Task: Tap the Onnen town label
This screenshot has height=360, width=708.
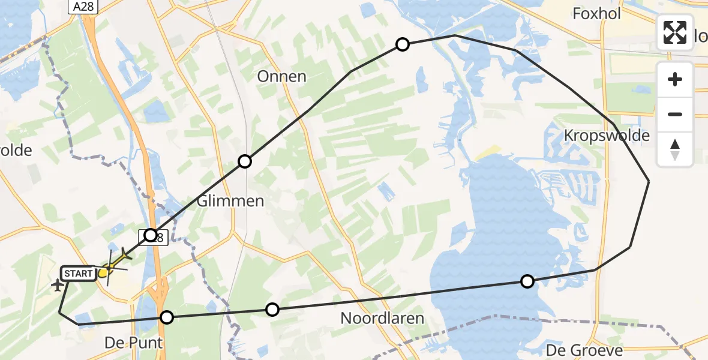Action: click(x=281, y=77)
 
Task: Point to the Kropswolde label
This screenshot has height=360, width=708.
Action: click(x=607, y=136)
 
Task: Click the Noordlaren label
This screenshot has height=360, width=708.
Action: click(x=382, y=319)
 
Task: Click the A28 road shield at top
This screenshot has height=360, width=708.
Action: click(x=83, y=7)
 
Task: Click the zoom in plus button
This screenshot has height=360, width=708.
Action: click(x=675, y=79)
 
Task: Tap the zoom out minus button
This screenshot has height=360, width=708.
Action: click(x=675, y=114)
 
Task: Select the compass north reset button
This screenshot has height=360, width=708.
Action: click(x=675, y=149)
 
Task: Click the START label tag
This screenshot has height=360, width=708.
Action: click(x=78, y=274)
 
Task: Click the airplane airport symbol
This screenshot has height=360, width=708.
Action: click(x=58, y=285)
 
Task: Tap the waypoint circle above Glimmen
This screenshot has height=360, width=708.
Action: click(x=245, y=161)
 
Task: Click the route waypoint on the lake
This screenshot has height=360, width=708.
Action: click(x=527, y=281)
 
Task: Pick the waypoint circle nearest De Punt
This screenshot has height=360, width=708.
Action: click(x=167, y=317)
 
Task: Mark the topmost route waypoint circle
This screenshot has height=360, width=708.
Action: click(x=403, y=44)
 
